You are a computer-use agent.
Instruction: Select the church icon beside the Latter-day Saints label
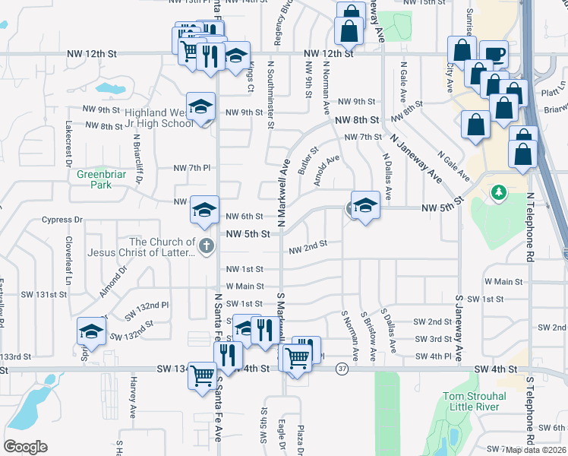coord(205,246)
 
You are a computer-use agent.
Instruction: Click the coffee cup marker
coord(494,53)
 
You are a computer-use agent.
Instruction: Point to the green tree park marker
coord(498,193)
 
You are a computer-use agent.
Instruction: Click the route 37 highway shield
coord(343,369)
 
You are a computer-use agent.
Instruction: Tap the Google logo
coord(25,447)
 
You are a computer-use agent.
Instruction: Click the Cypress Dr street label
coord(64,220)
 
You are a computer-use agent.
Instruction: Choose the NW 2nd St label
coord(308,245)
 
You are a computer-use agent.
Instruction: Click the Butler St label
coord(307,160)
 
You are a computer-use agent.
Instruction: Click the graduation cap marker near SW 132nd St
coord(91,331)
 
